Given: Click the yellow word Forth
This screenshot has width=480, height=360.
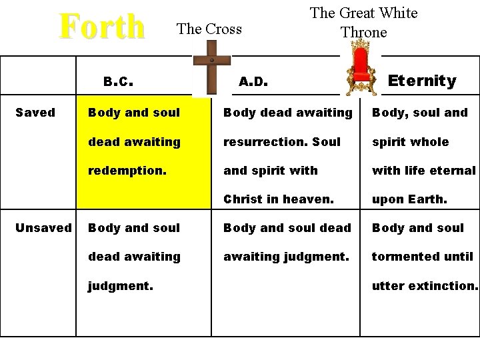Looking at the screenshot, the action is pos(102,27).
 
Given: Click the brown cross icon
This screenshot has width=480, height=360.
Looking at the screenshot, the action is pos(211,67).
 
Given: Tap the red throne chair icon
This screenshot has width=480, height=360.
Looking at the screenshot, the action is pos(360,67).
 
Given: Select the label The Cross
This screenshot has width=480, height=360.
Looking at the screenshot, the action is pos(209,29).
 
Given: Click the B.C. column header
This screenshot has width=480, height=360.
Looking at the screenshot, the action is pos(119,82).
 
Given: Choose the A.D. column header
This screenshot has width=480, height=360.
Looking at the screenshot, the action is pos(253,82).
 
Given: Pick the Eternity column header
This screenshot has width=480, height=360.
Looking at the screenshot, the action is pos(422,81).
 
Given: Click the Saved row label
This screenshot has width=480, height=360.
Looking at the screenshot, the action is pos(35,113).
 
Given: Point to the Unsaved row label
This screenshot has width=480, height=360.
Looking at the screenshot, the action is pos(43,228).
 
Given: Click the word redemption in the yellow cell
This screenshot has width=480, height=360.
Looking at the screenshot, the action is pos(126,171).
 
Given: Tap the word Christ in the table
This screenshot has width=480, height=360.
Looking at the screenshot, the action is pos(243,199).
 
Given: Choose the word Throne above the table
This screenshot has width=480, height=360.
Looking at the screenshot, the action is pos(363,32).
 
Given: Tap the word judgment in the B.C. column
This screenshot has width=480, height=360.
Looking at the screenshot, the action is pos(120,286).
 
